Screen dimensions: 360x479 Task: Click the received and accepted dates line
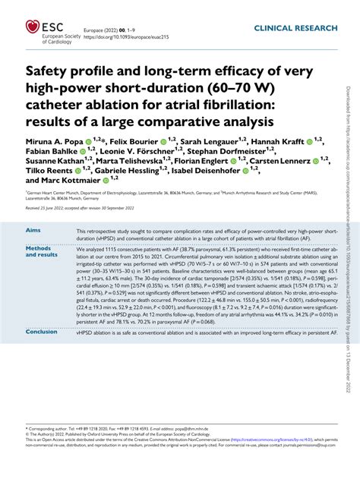point(92,207)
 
